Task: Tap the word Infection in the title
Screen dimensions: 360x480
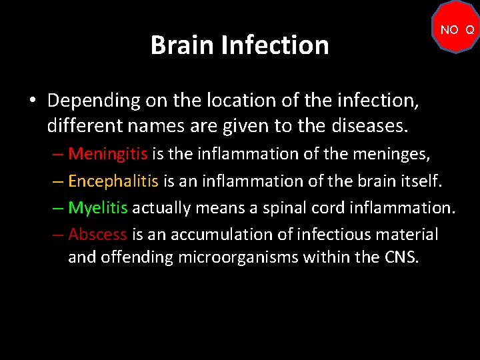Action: pyautogui.click(x=275, y=45)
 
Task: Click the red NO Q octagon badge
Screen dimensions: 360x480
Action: pyautogui.click(x=456, y=29)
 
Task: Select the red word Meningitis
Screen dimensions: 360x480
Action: pyautogui.click(x=108, y=154)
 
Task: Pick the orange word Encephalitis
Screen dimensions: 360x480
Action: pyautogui.click(x=113, y=181)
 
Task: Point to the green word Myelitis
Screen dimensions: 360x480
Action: pyautogui.click(x=98, y=207)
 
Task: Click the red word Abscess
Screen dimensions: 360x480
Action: pyautogui.click(x=97, y=234)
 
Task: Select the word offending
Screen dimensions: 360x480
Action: pyautogui.click(x=137, y=257)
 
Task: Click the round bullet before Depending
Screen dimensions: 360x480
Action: pyautogui.click(x=32, y=101)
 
